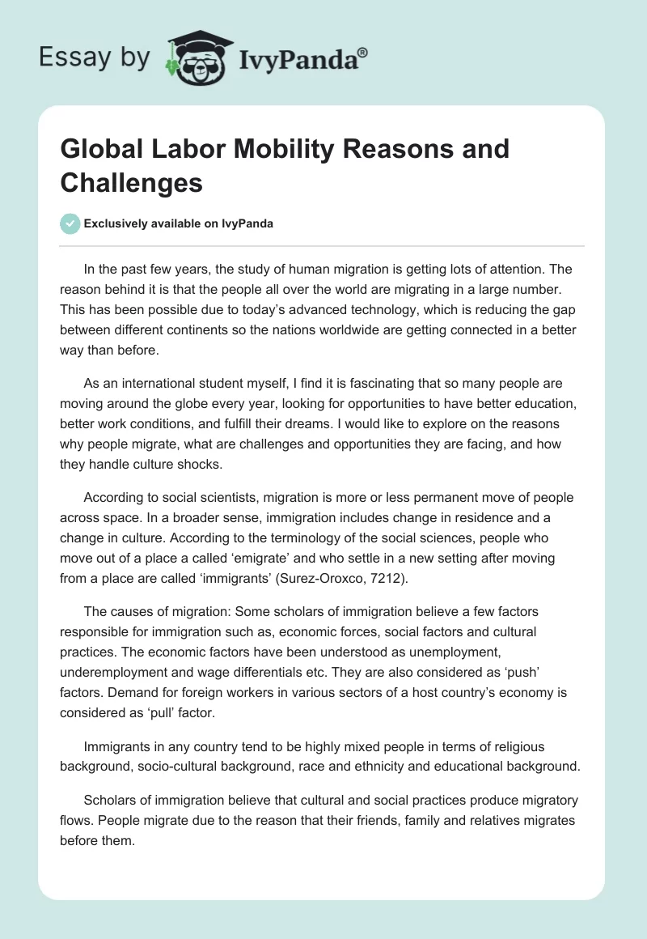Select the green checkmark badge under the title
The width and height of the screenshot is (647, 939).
[x=70, y=224]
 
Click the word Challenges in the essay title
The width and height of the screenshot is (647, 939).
[x=132, y=183]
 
